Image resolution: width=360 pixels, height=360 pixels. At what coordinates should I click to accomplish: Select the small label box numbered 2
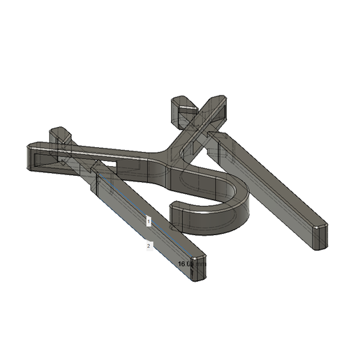(149, 246)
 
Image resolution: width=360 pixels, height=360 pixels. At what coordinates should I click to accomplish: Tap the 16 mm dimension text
(186, 264)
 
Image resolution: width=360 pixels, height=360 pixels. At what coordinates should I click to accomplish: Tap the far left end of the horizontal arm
(31, 157)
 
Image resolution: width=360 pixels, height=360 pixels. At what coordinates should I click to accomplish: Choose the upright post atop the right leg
(183, 110)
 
